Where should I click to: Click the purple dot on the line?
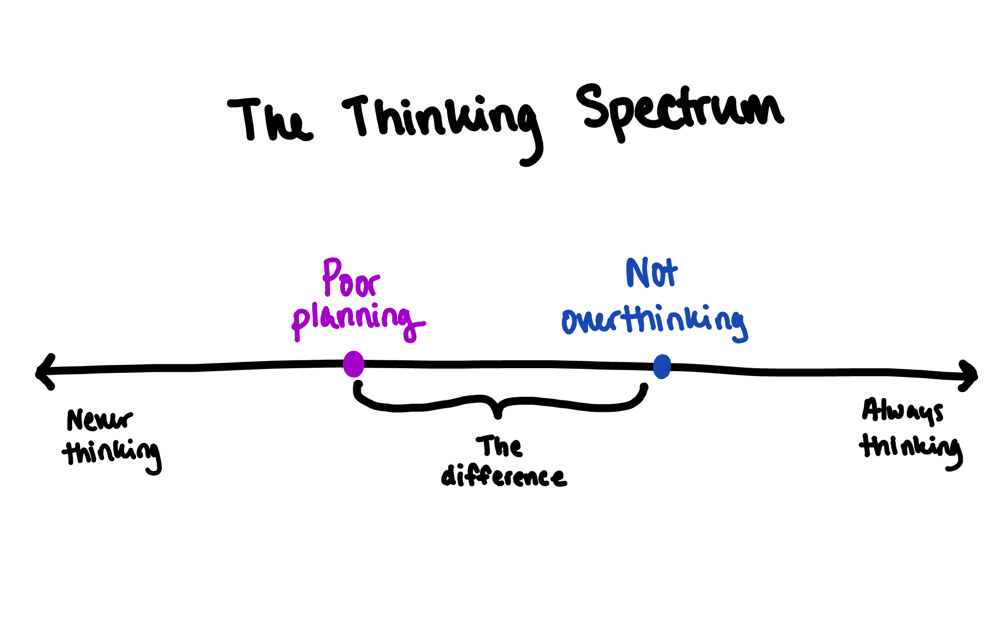(x=353, y=364)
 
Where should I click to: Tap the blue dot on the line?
(x=662, y=366)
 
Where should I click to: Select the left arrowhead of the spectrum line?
(x=44, y=373)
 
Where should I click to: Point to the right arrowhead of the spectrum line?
(x=969, y=376)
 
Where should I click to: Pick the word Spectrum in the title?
(x=680, y=110)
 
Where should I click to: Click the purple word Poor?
(x=351, y=278)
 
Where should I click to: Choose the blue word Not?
(x=651, y=273)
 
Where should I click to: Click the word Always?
(x=902, y=411)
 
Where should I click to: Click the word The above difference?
(x=499, y=447)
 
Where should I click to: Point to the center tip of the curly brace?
(x=498, y=414)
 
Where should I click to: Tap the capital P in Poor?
(x=331, y=276)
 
